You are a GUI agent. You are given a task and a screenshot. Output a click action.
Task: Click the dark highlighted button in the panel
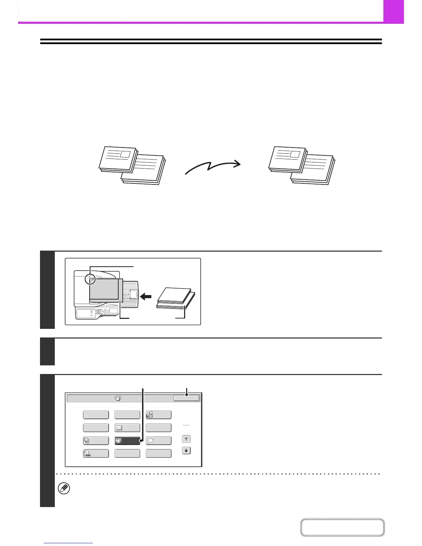click(x=127, y=441)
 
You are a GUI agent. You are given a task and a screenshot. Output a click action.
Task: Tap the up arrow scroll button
click(x=186, y=439)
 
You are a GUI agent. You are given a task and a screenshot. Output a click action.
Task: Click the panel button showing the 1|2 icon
click(x=127, y=428)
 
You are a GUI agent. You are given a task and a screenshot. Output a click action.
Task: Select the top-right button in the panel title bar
click(x=186, y=398)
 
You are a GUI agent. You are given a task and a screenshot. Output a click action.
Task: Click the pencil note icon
click(x=65, y=488)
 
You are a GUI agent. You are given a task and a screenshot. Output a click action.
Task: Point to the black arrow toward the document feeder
click(x=147, y=296)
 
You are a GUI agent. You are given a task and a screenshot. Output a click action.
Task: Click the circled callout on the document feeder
click(x=90, y=279)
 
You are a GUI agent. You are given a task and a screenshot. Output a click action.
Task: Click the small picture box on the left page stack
click(x=125, y=154)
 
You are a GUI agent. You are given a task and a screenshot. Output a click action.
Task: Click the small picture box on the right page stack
click(x=294, y=154)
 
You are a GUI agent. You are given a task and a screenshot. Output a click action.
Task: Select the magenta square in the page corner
click(x=393, y=11)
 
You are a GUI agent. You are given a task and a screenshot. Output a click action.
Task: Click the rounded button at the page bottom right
click(x=342, y=527)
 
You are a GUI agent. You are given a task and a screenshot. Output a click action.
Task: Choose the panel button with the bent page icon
click(x=159, y=441)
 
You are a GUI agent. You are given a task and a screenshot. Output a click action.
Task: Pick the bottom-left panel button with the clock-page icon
click(x=96, y=454)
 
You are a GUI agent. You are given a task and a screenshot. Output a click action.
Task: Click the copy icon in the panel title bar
click(x=118, y=398)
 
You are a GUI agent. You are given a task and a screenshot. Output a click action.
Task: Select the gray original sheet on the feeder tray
click(x=104, y=290)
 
